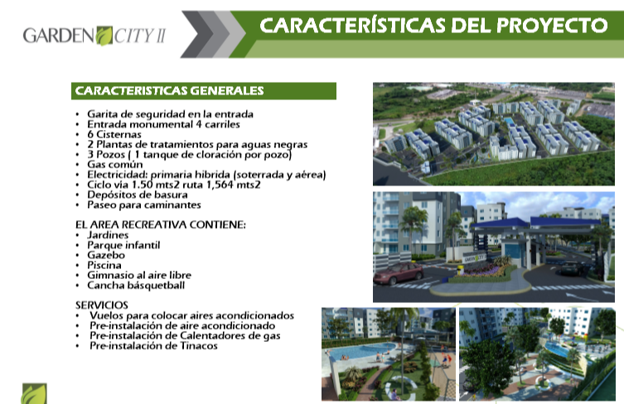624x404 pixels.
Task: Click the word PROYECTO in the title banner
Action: (552, 26)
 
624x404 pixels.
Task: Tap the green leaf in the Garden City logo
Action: (104, 36)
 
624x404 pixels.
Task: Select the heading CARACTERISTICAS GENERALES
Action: (169, 91)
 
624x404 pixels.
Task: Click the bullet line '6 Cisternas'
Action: (114, 134)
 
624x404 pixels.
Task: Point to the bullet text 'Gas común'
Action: (115, 165)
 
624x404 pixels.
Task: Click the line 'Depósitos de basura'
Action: (138, 195)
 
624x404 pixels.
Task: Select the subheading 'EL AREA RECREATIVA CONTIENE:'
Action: (161, 224)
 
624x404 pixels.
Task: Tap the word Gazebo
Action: (106, 255)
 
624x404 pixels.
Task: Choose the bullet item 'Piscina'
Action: (104, 265)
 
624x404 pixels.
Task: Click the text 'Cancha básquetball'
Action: (136, 286)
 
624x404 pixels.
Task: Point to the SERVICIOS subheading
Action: (101, 305)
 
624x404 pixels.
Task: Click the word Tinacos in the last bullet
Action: (199, 346)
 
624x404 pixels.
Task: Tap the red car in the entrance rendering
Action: (399, 273)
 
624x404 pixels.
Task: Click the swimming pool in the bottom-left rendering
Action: (358, 351)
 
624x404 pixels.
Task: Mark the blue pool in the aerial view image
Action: (509, 121)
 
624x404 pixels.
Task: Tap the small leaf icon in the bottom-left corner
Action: (34, 394)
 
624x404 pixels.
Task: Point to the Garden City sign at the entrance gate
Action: (474, 258)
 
